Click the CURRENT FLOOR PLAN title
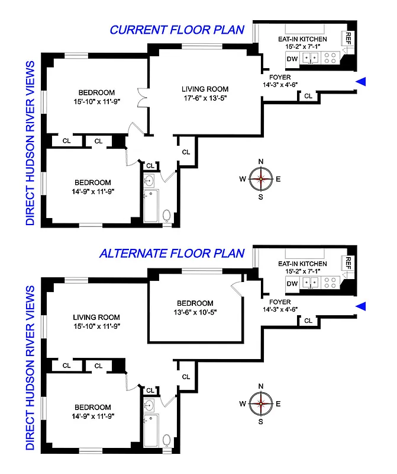[176, 30]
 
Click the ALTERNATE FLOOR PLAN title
[172, 254]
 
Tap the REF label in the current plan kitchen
[348, 40]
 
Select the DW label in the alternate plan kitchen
[292, 283]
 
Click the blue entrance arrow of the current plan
[361, 82]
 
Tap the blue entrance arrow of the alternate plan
[361, 306]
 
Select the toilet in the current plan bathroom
[167, 216]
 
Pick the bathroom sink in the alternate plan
[150, 405]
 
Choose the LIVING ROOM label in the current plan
[204, 89]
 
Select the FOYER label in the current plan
[279, 76]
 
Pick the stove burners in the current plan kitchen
[331, 58]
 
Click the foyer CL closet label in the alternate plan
[308, 321]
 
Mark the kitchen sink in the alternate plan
[311, 283]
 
